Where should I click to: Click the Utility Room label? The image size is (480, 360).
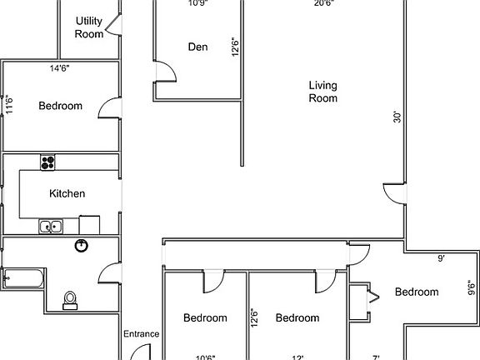89,27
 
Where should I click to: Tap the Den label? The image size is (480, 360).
197,47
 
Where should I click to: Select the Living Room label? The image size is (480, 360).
322,91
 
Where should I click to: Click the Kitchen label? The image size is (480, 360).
67,193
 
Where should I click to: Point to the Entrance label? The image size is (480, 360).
141,334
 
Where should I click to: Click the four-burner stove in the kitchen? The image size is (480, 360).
47,162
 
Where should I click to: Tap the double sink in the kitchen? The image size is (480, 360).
50,225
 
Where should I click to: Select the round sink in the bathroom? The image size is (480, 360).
82,245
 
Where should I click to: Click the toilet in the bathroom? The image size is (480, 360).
71,298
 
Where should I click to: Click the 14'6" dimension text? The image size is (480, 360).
58,69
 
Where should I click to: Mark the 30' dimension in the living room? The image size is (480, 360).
397,118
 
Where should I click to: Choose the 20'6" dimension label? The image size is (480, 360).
324,3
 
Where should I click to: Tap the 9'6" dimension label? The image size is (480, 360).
472,287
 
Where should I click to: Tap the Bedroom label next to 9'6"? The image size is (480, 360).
416,292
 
